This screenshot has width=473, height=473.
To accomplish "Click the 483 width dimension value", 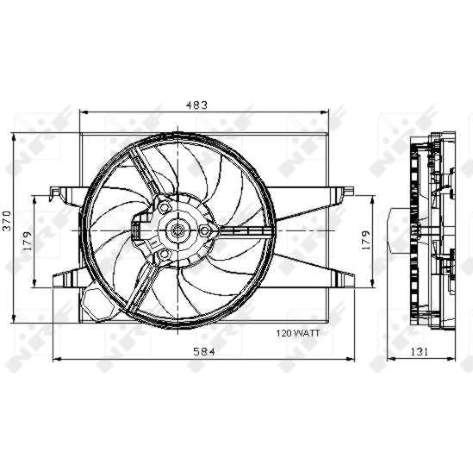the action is pyautogui.click(x=197, y=105).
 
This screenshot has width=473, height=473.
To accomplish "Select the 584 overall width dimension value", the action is pyautogui.click(x=204, y=352).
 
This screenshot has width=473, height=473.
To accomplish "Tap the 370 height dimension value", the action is pyautogui.click(x=7, y=221).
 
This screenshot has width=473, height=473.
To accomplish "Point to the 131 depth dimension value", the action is pyautogui.click(x=419, y=352).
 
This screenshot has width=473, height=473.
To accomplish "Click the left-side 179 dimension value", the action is pyautogui.click(x=27, y=241).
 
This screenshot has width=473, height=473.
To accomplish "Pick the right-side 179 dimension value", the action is pyautogui.click(x=366, y=240).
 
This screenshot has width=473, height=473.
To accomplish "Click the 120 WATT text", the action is pyautogui.click(x=298, y=333).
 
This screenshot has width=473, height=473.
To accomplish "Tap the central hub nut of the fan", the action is pyautogui.click(x=176, y=231).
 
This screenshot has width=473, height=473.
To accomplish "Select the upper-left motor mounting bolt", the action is pyautogui.click(x=164, y=208).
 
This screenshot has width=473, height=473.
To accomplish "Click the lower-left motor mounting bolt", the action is pyautogui.click(x=164, y=254).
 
